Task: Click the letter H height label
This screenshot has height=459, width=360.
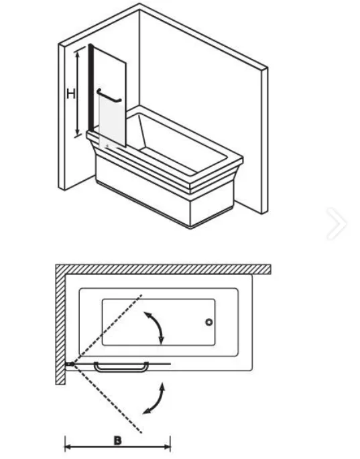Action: pyautogui.click(x=71, y=94)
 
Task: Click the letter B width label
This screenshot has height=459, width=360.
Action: pyautogui.click(x=117, y=440)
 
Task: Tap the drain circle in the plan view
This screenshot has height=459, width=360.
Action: pyautogui.click(x=209, y=322)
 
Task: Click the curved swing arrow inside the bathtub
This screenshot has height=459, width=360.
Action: pyautogui.click(x=156, y=327)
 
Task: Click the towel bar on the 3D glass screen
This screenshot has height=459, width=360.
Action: pyautogui.click(x=109, y=96)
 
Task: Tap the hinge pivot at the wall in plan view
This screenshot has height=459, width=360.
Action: pyautogui.click(x=70, y=364)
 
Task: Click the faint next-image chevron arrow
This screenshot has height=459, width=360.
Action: pyautogui.click(x=337, y=223)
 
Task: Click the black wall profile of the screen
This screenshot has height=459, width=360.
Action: pyautogui.click(x=91, y=88)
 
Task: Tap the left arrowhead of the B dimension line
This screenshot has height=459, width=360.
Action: pyautogui.click(x=68, y=447)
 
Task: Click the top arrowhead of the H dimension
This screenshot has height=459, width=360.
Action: pyautogui.click(x=78, y=54)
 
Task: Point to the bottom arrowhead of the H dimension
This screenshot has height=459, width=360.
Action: pyautogui.click(x=78, y=132)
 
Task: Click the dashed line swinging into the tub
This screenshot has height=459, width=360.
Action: pyautogui.click(x=107, y=330)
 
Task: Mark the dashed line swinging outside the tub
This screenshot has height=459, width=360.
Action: pyautogui.click(x=107, y=399)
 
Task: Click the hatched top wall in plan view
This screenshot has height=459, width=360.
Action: pyautogui.click(x=163, y=269)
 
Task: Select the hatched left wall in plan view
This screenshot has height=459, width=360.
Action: pyautogui.click(x=60, y=324)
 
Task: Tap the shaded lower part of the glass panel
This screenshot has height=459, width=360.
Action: pyautogui.click(x=111, y=121)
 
